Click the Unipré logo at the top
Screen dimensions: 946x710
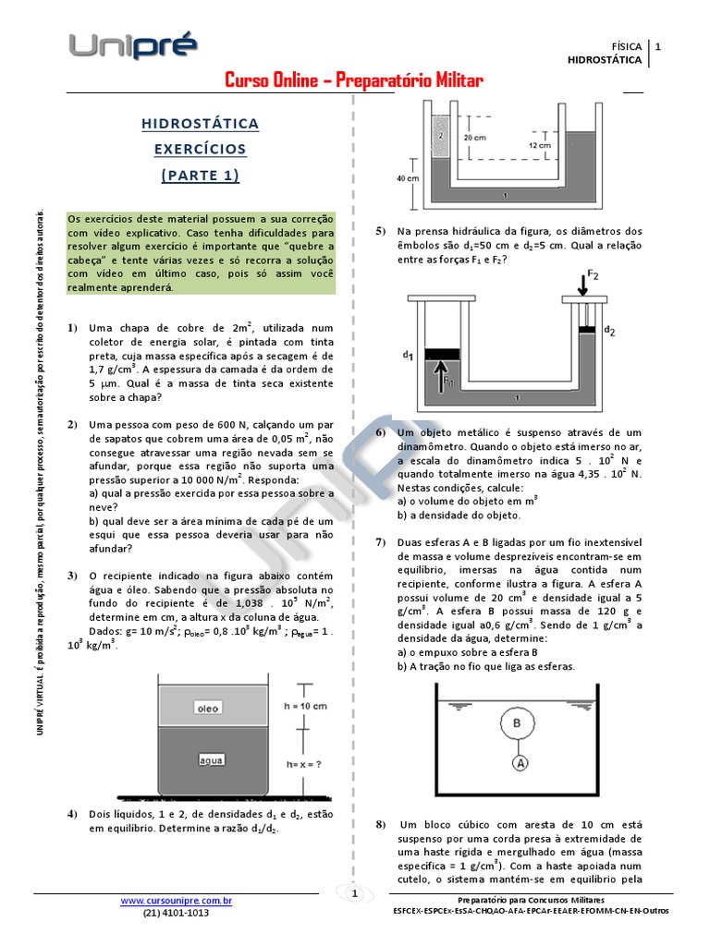132,46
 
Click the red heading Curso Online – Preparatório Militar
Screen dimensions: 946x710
354,81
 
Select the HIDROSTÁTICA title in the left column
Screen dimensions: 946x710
200,124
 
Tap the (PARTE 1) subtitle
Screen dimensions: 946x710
200,175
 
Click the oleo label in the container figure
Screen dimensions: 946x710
207,709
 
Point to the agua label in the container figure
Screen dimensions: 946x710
212,760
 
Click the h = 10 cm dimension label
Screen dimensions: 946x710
305,706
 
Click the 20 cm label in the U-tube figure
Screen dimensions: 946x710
474,137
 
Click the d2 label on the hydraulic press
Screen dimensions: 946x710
609,329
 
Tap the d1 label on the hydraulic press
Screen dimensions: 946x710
408,354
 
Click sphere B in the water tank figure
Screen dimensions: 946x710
518,722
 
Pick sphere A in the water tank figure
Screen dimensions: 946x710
521,763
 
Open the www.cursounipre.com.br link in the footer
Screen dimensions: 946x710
176,900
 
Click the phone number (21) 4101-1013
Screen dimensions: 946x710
176,913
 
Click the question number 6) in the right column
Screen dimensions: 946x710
380,432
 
